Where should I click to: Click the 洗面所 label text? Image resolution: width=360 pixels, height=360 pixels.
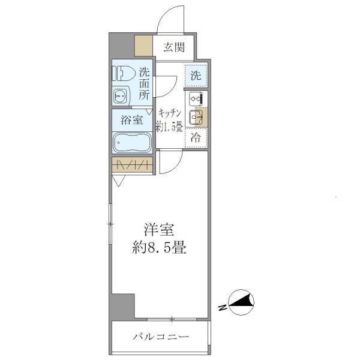point(144,83)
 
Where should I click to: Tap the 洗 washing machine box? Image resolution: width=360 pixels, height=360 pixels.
point(196,75)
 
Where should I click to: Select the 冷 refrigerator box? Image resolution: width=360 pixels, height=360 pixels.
point(196,137)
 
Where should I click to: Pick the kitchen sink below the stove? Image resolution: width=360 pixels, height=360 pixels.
point(196,118)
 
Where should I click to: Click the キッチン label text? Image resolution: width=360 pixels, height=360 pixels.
point(170,112)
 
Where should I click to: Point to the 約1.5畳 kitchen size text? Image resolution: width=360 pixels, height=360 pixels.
point(170,127)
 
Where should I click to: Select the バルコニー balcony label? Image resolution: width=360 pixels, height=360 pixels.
point(160,337)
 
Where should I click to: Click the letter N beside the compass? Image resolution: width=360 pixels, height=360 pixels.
point(223,308)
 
